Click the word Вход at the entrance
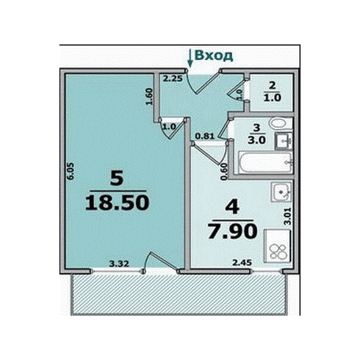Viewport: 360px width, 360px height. pyautogui.click(x=214, y=56)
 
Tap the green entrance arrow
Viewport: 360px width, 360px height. pyautogui.click(x=190, y=58)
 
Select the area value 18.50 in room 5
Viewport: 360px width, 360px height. pyautogui.click(x=117, y=203)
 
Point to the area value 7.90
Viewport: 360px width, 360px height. pyautogui.click(x=232, y=231)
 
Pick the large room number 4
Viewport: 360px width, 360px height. pyautogui.click(x=232, y=206)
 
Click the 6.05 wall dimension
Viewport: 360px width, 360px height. pyautogui.click(x=71, y=171)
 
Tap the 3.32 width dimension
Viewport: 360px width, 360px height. pyautogui.click(x=119, y=264)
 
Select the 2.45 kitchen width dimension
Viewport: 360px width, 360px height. pyautogui.click(x=242, y=262)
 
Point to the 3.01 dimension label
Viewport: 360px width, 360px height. pyautogui.click(x=288, y=216)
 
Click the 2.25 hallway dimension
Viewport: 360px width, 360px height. pyautogui.click(x=173, y=79)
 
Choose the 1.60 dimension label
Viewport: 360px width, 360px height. pyautogui.click(x=149, y=97)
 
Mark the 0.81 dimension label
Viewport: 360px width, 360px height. pyautogui.click(x=205, y=137)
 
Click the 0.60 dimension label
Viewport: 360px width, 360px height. pyautogui.click(x=224, y=172)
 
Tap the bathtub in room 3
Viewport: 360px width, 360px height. pyautogui.click(x=266, y=162)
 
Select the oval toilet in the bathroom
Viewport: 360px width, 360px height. pyautogui.click(x=278, y=124)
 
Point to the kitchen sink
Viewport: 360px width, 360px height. pyautogui.click(x=281, y=192)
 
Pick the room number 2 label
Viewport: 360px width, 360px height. pyautogui.click(x=272, y=86)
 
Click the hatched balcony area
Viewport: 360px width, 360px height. pyautogui.click(x=179, y=295)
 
